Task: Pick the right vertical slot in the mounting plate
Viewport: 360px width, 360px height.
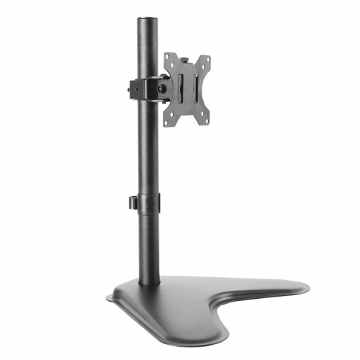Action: tap(194, 90)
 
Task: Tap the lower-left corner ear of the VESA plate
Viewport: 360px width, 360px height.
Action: tap(168, 122)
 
